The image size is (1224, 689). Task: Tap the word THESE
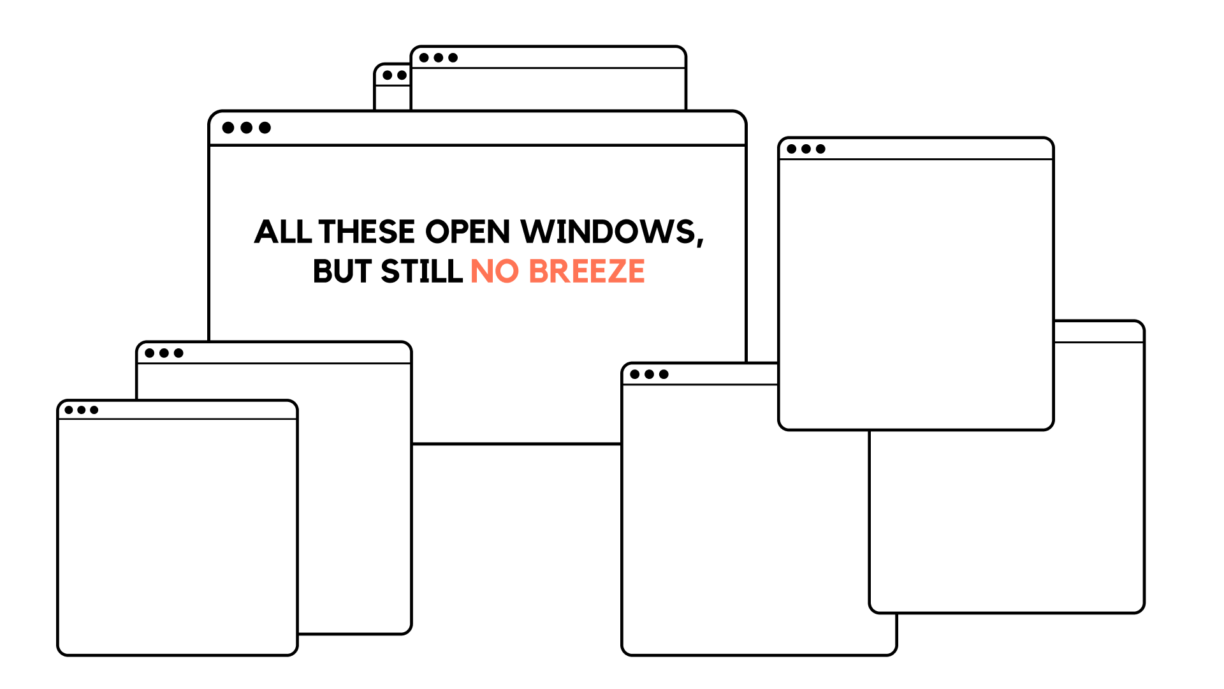tap(367, 232)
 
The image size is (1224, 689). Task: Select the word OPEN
tap(467, 232)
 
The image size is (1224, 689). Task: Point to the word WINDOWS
tap(608, 232)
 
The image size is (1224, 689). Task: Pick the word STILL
tap(421, 272)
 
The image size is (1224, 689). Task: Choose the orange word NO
tap(495, 272)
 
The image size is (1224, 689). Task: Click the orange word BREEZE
tap(586, 272)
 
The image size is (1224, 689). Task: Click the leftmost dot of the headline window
tap(228, 128)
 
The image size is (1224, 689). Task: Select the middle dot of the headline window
tap(247, 128)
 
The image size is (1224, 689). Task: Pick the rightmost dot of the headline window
tap(265, 128)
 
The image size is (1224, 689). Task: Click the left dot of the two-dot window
tap(388, 75)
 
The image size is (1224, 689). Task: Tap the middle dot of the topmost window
tap(439, 57)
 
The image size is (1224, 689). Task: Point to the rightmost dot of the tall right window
tap(820, 149)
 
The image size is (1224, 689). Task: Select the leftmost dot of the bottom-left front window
tap(69, 410)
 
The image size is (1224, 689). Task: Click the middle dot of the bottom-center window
tap(649, 374)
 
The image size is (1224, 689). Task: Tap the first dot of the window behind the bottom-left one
tap(150, 353)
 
